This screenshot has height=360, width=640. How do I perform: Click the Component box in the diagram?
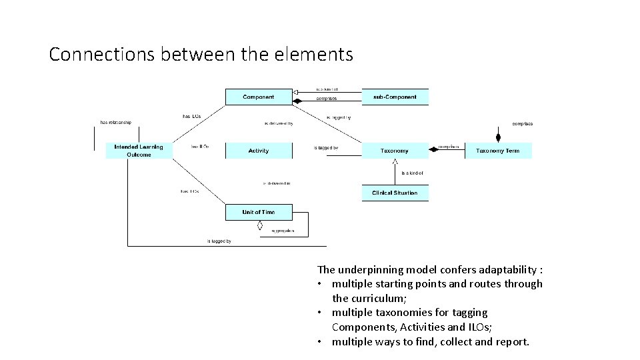[259, 97]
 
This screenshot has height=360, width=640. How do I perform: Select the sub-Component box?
[395, 97]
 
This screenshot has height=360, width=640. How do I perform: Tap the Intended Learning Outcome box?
[139, 151]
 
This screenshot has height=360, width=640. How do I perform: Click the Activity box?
[259, 151]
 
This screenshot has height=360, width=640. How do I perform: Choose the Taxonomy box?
[395, 151]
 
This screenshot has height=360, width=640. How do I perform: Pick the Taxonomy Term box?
[497, 151]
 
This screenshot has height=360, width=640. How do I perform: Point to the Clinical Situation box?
[395, 193]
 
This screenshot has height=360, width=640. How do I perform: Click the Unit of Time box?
[259, 212]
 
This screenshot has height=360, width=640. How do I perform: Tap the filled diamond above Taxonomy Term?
[497, 138]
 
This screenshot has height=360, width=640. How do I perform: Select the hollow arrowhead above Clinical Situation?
[395, 162]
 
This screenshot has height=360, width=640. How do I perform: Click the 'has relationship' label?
[116, 122]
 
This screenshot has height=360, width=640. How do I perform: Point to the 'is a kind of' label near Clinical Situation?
[411, 173]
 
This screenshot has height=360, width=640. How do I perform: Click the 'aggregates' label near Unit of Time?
[283, 231]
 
